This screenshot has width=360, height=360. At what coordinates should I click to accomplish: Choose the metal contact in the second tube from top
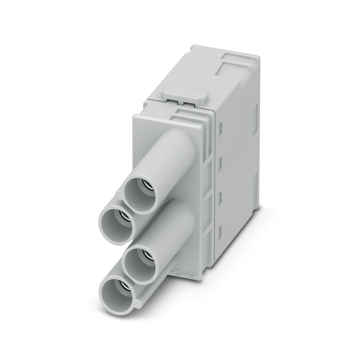click(123, 215)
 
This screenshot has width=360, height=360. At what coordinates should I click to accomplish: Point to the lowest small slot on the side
click(220, 231)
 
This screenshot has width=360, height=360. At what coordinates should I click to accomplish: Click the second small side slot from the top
click(220, 163)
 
